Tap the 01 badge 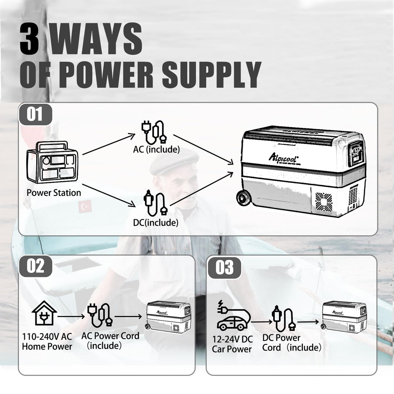[x=35, y=115]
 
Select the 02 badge [x=35, y=266]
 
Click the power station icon [x=52, y=162]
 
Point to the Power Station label [x=54, y=192]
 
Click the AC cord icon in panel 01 [x=154, y=132]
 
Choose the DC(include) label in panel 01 [x=156, y=222]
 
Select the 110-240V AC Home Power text [x=47, y=341]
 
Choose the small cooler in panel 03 [x=344, y=317]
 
